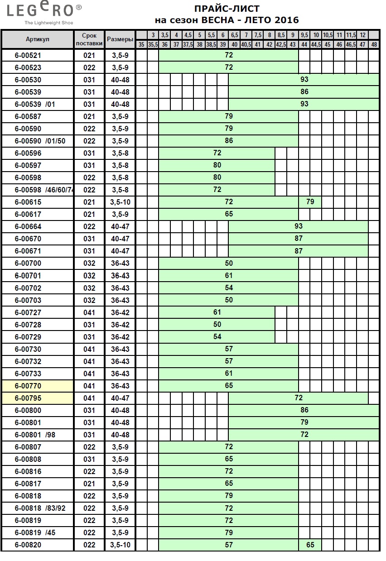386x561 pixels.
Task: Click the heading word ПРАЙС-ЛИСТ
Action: tap(227, 9)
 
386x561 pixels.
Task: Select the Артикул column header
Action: tap(38, 39)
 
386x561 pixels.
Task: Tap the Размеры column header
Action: tap(120, 39)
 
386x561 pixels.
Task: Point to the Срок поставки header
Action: tap(89, 39)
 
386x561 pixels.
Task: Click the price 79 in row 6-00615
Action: tap(310, 202)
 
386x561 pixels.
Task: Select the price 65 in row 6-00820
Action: tap(310, 545)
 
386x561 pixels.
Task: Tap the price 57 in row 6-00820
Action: tap(229, 545)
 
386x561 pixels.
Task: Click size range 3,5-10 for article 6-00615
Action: tap(120, 202)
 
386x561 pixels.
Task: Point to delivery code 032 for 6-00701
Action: tap(89, 276)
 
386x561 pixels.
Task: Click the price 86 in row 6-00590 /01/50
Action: tap(229, 141)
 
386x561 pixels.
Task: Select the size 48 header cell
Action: tap(374, 45)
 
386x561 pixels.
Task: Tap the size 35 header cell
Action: tap(141, 45)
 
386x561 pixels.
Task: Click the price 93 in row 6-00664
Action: tap(298, 226)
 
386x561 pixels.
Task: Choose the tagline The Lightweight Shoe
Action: tap(49, 23)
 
